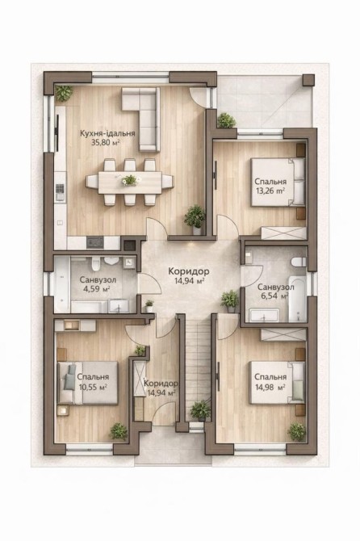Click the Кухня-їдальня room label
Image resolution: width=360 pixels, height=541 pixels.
(x=107, y=133)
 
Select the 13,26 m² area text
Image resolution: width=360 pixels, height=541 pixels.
(x=270, y=191)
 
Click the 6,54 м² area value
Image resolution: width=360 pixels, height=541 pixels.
(x=275, y=296)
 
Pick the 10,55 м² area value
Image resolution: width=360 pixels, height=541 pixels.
(x=93, y=387)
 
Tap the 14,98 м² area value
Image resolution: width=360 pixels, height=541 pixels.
(x=270, y=387)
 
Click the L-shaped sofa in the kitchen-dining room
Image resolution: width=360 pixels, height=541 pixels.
(x=144, y=114)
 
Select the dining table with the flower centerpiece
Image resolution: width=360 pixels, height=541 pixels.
(x=130, y=182)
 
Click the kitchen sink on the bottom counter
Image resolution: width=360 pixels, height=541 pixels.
(x=94, y=242)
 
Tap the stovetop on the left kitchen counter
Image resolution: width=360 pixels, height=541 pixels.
(x=60, y=192)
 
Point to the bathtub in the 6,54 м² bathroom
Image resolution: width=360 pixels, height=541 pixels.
(x=297, y=299)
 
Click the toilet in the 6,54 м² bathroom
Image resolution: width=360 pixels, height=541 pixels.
(x=299, y=262)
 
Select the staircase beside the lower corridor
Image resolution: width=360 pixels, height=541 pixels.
(x=198, y=369)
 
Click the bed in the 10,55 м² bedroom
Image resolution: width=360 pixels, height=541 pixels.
(x=88, y=383)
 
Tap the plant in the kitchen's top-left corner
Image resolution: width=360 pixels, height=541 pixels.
(x=64, y=93)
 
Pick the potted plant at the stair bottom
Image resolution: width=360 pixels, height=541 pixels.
(x=200, y=410)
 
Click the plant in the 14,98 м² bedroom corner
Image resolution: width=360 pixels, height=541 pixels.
(x=296, y=432)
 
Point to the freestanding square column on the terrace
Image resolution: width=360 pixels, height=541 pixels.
(x=308, y=80)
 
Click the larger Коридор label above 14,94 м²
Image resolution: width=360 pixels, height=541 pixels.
(x=189, y=271)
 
